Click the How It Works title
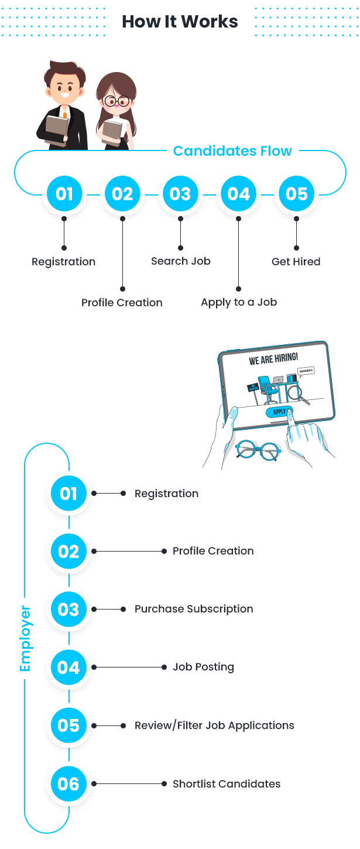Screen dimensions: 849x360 [x=180, y=22]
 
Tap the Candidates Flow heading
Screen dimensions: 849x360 [x=232, y=151]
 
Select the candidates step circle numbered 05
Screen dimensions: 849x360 [x=296, y=194]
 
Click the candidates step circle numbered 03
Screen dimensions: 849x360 [x=180, y=194]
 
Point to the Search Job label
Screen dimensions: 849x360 [x=180, y=261]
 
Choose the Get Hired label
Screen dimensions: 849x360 [x=296, y=262]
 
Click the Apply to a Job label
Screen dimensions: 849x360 [x=239, y=303]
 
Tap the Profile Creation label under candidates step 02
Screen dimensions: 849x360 [x=122, y=303]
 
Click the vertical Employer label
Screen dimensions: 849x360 [x=25, y=638]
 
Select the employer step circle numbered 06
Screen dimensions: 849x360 [x=68, y=783]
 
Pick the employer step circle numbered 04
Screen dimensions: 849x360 [x=68, y=667]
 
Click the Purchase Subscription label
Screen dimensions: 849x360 [x=194, y=609]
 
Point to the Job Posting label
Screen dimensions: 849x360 [x=203, y=667]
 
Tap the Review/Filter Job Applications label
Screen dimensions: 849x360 [x=214, y=725]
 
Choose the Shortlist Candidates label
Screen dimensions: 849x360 [x=227, y=784]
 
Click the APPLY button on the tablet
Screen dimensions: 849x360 [x=280, y=412]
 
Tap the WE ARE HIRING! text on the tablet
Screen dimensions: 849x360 [x=273, y=358]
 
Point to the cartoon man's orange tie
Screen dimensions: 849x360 [x=64, y=115]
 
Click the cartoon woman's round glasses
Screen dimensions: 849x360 [x=116, y=102]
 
